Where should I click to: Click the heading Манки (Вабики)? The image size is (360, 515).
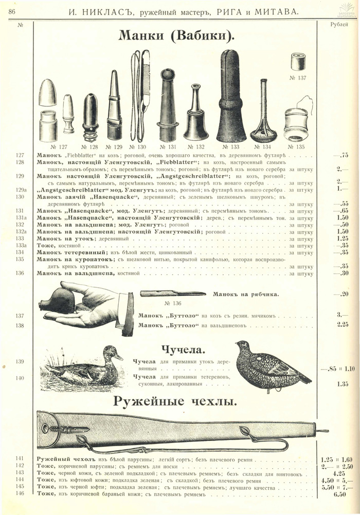pos(176,35)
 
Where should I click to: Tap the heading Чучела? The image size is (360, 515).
pos(183,351)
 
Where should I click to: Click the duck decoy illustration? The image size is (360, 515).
pos(85,366)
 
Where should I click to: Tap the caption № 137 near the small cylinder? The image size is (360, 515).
pos(298,78)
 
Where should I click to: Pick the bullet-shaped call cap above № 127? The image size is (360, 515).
pos(48,93)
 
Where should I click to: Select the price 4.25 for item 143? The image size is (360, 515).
pos(338,473)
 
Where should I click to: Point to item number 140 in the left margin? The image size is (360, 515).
pos(20,378)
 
